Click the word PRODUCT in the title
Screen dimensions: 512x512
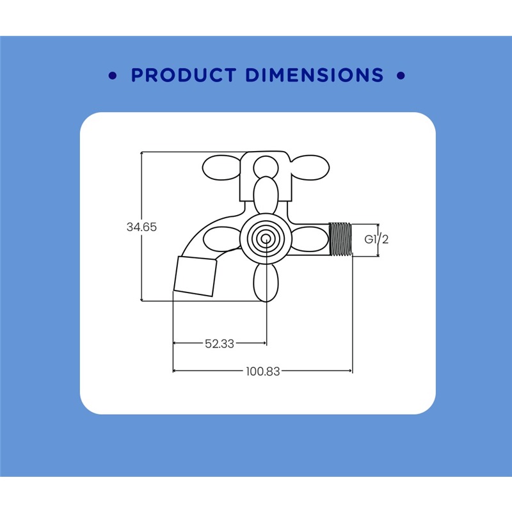[184, 75]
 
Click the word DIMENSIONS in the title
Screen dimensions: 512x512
[314, 75]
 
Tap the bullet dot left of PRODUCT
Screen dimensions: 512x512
[113, 76]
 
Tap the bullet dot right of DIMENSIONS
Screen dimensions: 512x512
[401, 76]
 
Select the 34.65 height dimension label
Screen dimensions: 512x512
[141, 227]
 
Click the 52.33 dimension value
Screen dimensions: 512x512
[220, 344]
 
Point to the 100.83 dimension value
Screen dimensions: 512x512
[263, 371]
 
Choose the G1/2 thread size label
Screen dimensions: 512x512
[376, 239]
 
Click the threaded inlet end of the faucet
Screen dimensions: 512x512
[340, 239]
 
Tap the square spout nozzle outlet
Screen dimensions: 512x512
[195, 276]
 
